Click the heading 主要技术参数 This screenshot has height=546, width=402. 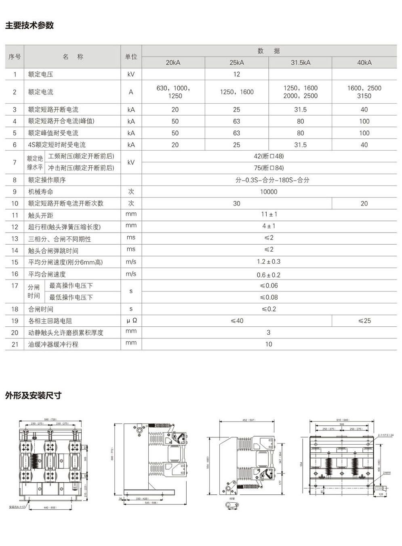pyautogui.click(x=29, y=25)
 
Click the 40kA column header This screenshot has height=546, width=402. pyautogui.click(x=364, y=63)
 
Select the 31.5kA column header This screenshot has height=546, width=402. pyautogui.click(x=301, y=63)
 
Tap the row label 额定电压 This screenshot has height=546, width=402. pyautogui.click(x=40, y=74)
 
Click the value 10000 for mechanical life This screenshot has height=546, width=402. pyautogui.click(x=269, y=192)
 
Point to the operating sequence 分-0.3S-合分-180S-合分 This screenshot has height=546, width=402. pyautogui.click(x=269, y=180)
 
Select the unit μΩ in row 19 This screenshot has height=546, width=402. pyautogui.click(x=131, y=321)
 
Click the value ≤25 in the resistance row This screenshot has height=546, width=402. pyautogui.click(x=364, y=321)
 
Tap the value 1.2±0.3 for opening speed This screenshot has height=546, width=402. pyautogui.click(x=269, y=262)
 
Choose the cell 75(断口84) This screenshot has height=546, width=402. pyautogui.click(x=269, y=168)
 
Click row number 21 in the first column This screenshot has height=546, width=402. pyautogui.click(x=15, y=344)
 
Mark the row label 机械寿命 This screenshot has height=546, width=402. pyautogui.click(x=40, y=192)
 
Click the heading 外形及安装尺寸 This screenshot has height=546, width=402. pyautogui.click(x=33, y=395)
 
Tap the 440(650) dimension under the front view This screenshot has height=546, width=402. pyautogui.click(x=50, y=507)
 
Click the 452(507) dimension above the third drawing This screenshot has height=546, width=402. pyautogui.click(x=249, y=420)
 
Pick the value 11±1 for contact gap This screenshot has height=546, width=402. pyautogui.click(x=269, y=214)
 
